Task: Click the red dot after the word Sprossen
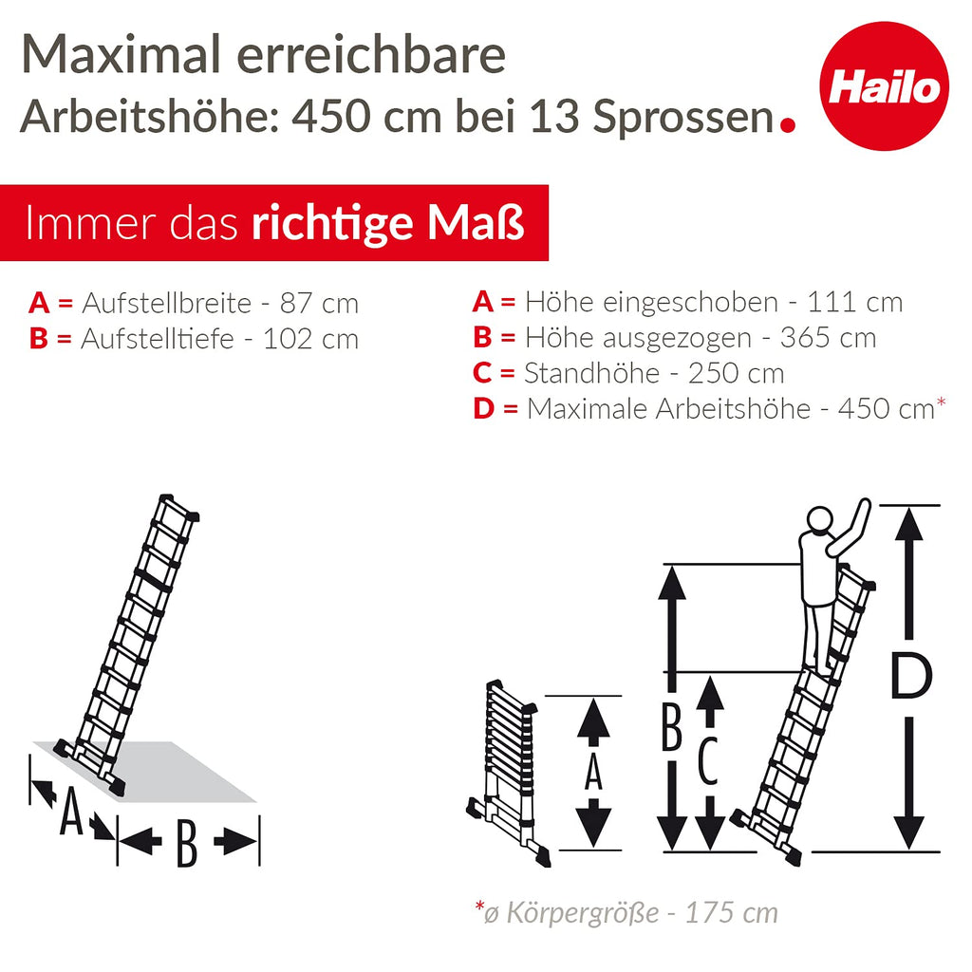click(785, 123)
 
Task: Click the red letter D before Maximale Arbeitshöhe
click(483, 409)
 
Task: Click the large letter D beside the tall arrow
click(910, 676)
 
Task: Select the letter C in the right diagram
click(707, 762)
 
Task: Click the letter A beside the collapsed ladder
click(593, 771)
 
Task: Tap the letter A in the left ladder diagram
click(71, 812)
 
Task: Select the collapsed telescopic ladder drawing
click(505, 769)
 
